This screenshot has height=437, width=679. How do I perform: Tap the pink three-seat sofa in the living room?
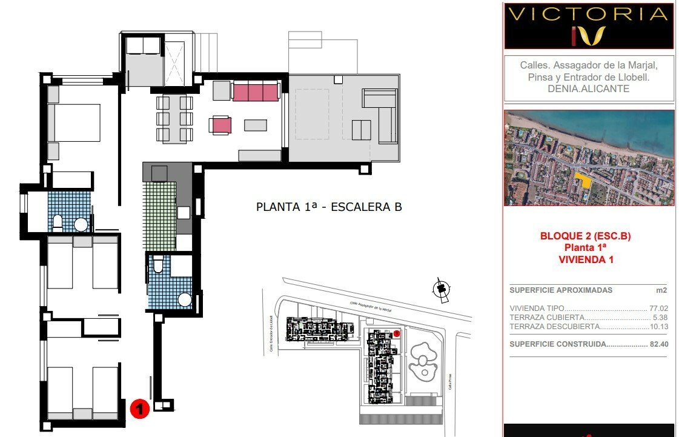click(255, 92)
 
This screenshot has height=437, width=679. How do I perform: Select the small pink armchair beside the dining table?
click(220, 125)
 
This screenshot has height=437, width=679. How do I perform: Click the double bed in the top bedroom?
click(73, 122)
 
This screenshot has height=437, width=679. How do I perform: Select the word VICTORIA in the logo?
click(588, 15)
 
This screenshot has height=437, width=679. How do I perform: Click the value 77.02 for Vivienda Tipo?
click(657, 308)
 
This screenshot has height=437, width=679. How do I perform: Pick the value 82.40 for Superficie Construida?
click(657, 344)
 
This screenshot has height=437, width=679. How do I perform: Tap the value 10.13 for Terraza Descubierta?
click(657, 326)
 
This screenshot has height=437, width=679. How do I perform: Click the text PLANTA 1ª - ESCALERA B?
click(329, 207)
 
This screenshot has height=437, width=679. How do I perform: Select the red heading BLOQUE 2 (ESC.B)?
click(585, 236)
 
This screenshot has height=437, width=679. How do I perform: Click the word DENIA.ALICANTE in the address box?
click(588, 88)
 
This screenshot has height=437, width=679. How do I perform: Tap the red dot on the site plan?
click(397, 333)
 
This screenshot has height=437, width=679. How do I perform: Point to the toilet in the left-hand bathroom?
click(58, 222)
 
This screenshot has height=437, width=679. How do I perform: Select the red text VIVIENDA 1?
click(585, 259)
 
